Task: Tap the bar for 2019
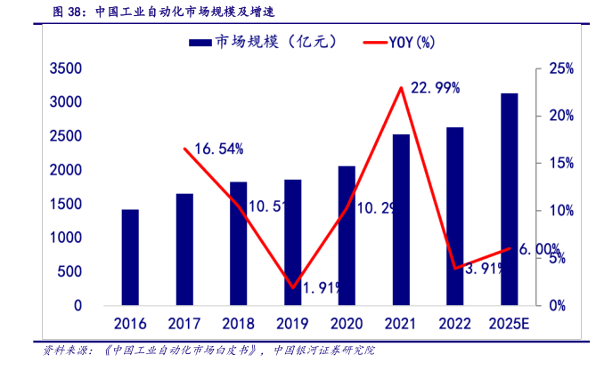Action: point(292,243)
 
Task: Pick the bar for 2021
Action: point(401,220)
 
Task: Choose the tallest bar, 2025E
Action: point(509,199)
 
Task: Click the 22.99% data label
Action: point(436,87)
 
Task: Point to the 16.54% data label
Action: point(219,149)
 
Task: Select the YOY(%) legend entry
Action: point(399,42)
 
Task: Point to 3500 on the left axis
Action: point(66,69)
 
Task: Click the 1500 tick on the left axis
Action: point(66,204)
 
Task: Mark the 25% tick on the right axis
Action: point(563,69)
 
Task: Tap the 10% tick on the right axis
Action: point(563,211)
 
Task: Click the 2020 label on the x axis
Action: point(347,323)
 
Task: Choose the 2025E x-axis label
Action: point(509,323)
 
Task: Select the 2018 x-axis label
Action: point(239,323)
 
